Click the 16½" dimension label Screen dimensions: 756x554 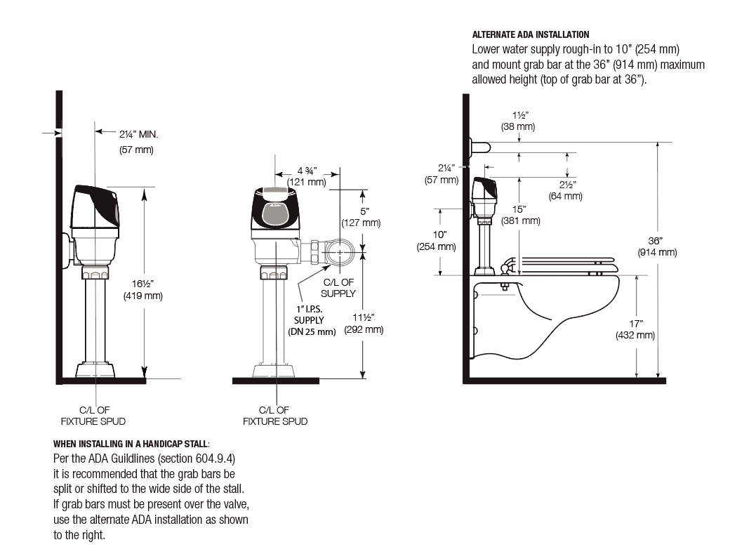[x=142, y=284]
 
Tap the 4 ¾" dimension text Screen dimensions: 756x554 [x=307, y=171]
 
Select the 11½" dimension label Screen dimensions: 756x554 [x=364, y=318]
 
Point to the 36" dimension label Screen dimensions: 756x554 [x=655, y=241]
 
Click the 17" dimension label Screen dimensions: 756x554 [x=636, y=324]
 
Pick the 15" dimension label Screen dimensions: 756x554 [x=519, y=209]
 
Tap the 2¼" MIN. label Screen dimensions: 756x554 [x=138, y=135]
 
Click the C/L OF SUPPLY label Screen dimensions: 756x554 [x=338, y=288]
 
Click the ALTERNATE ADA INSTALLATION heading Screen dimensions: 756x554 [x=531, y=34]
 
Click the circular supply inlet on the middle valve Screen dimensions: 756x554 [x=340, y=252]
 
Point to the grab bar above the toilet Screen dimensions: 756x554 [x=480, y=147]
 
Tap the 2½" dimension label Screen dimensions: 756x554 [x=568, y=185]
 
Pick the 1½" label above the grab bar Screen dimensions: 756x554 [x=520, y=115]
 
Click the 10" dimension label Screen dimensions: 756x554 [x=439, y=235]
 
